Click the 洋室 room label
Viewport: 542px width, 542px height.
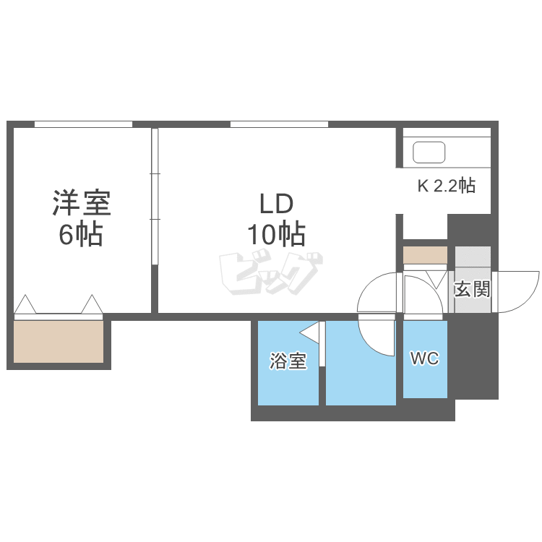81,203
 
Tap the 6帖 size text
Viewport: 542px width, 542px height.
81,235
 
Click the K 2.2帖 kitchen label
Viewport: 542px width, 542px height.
446,186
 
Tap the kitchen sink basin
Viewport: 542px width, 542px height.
429,152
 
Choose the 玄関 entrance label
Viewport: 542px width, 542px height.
472,290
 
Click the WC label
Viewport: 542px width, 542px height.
424,358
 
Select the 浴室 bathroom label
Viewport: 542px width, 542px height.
288,361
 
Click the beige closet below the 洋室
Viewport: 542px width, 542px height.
59,341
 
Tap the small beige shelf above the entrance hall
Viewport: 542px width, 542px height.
425,255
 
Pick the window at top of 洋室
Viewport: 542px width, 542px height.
83,124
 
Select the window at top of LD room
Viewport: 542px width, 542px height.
279,124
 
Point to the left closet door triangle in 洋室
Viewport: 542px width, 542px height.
25,304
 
